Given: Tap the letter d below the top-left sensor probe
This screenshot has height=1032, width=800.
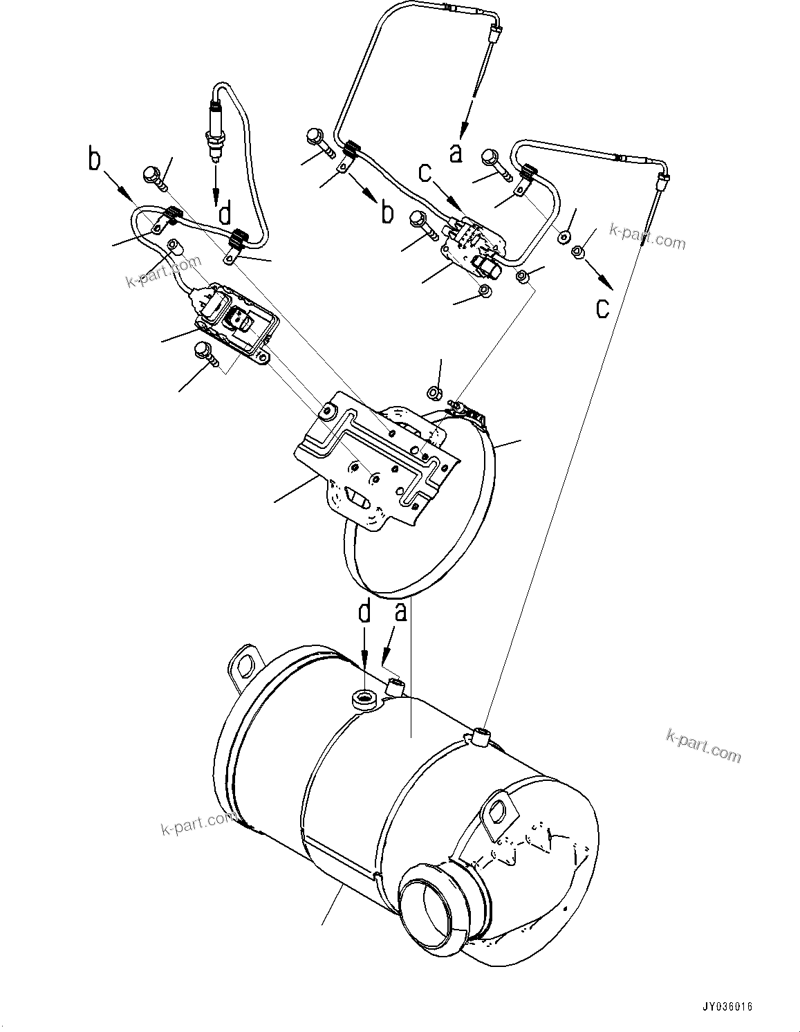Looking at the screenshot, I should point(225,214).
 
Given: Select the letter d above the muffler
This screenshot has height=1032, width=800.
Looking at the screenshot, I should point(364,611).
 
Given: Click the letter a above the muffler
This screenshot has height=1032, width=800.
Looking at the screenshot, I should point(400,611).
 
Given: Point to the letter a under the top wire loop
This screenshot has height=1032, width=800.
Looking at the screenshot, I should point(455,151).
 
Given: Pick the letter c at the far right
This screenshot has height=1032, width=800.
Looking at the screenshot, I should point(604,307).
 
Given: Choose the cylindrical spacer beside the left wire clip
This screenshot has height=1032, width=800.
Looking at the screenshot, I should point(176,246).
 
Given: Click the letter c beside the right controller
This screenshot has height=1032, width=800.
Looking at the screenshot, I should point(427,173).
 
